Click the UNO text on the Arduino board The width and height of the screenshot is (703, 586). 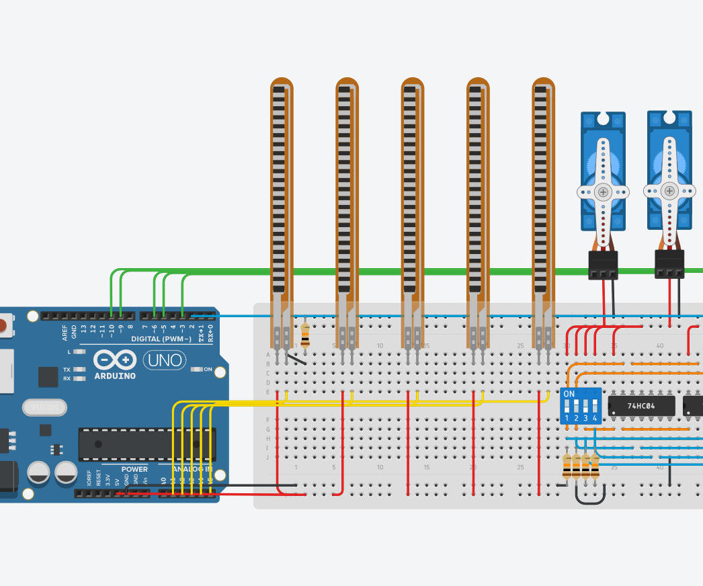[x=165, y=360]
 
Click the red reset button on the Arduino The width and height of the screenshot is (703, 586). [x=3, y=327]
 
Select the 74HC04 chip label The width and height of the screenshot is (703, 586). [x=641, y=406]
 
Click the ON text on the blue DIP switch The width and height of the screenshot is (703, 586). [x=569, y=394]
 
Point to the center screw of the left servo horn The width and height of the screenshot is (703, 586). [x=603, y=192]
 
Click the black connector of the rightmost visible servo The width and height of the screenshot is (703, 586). [x=669, y=263]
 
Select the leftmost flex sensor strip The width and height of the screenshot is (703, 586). [x=282, y=195]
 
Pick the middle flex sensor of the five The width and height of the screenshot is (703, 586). [x=413, y=195]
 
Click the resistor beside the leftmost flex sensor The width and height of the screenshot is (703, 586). [x=305, y=334]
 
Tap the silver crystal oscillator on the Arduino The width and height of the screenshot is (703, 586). [x=44, y=407]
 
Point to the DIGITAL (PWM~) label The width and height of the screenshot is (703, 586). [x=161, y=339]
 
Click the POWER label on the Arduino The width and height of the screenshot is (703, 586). [x=134, y=469]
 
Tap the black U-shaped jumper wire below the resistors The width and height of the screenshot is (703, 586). [x=590, y=498]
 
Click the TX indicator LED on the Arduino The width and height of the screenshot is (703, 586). [x=80, y=370]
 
